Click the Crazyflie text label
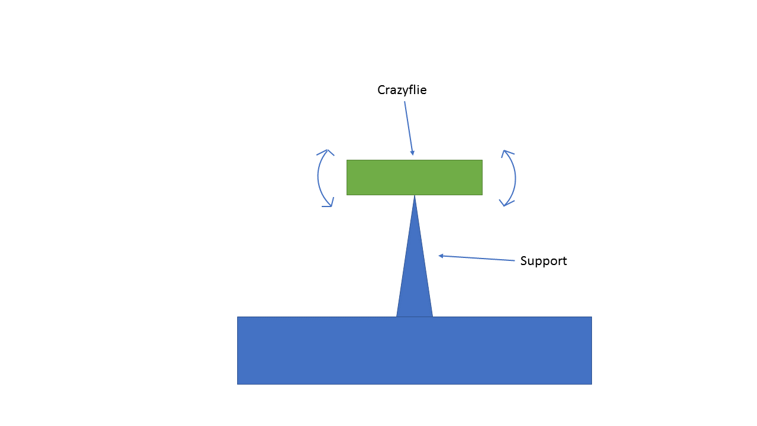point(402,90)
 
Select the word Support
point(543,261)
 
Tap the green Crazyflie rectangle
point(414,177)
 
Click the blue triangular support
point(415,278)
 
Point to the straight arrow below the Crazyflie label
point(409,128)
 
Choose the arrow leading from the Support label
point(477,258)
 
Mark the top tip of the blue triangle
point(415,196)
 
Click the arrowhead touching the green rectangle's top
point(412,153)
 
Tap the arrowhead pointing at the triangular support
point(441,256)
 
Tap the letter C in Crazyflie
point(381,90)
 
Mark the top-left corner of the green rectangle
point(347,160)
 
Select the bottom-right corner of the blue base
point(591,383)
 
